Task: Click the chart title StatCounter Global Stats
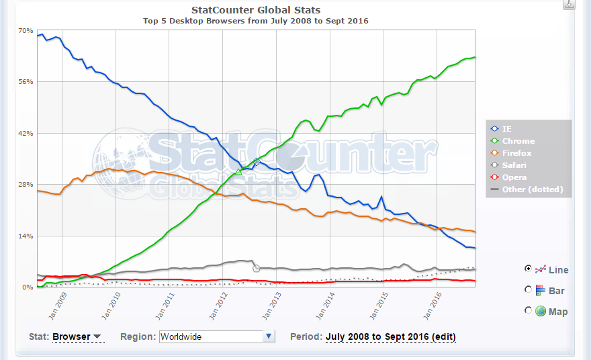[x=256, y=10]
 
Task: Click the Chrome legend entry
[x=518, y=141]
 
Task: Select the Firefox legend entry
[x=516, y=153]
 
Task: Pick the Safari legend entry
[x=514, y=165]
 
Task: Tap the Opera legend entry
[x=514, y=177]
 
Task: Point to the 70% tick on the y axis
[x=26, y=31]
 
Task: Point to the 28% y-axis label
[x=26, y=185]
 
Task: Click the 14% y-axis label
[x=26, y=236]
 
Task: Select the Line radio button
[x=529, y=269]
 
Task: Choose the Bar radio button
[x=529, y=289]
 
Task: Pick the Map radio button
[x=529, y=310]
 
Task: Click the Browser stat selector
[x=77, y=336]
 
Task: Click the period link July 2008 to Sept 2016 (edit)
[x=390, y=336]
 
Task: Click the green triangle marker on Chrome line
[x=238, y=173]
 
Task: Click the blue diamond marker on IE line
[x=257, y=161]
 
